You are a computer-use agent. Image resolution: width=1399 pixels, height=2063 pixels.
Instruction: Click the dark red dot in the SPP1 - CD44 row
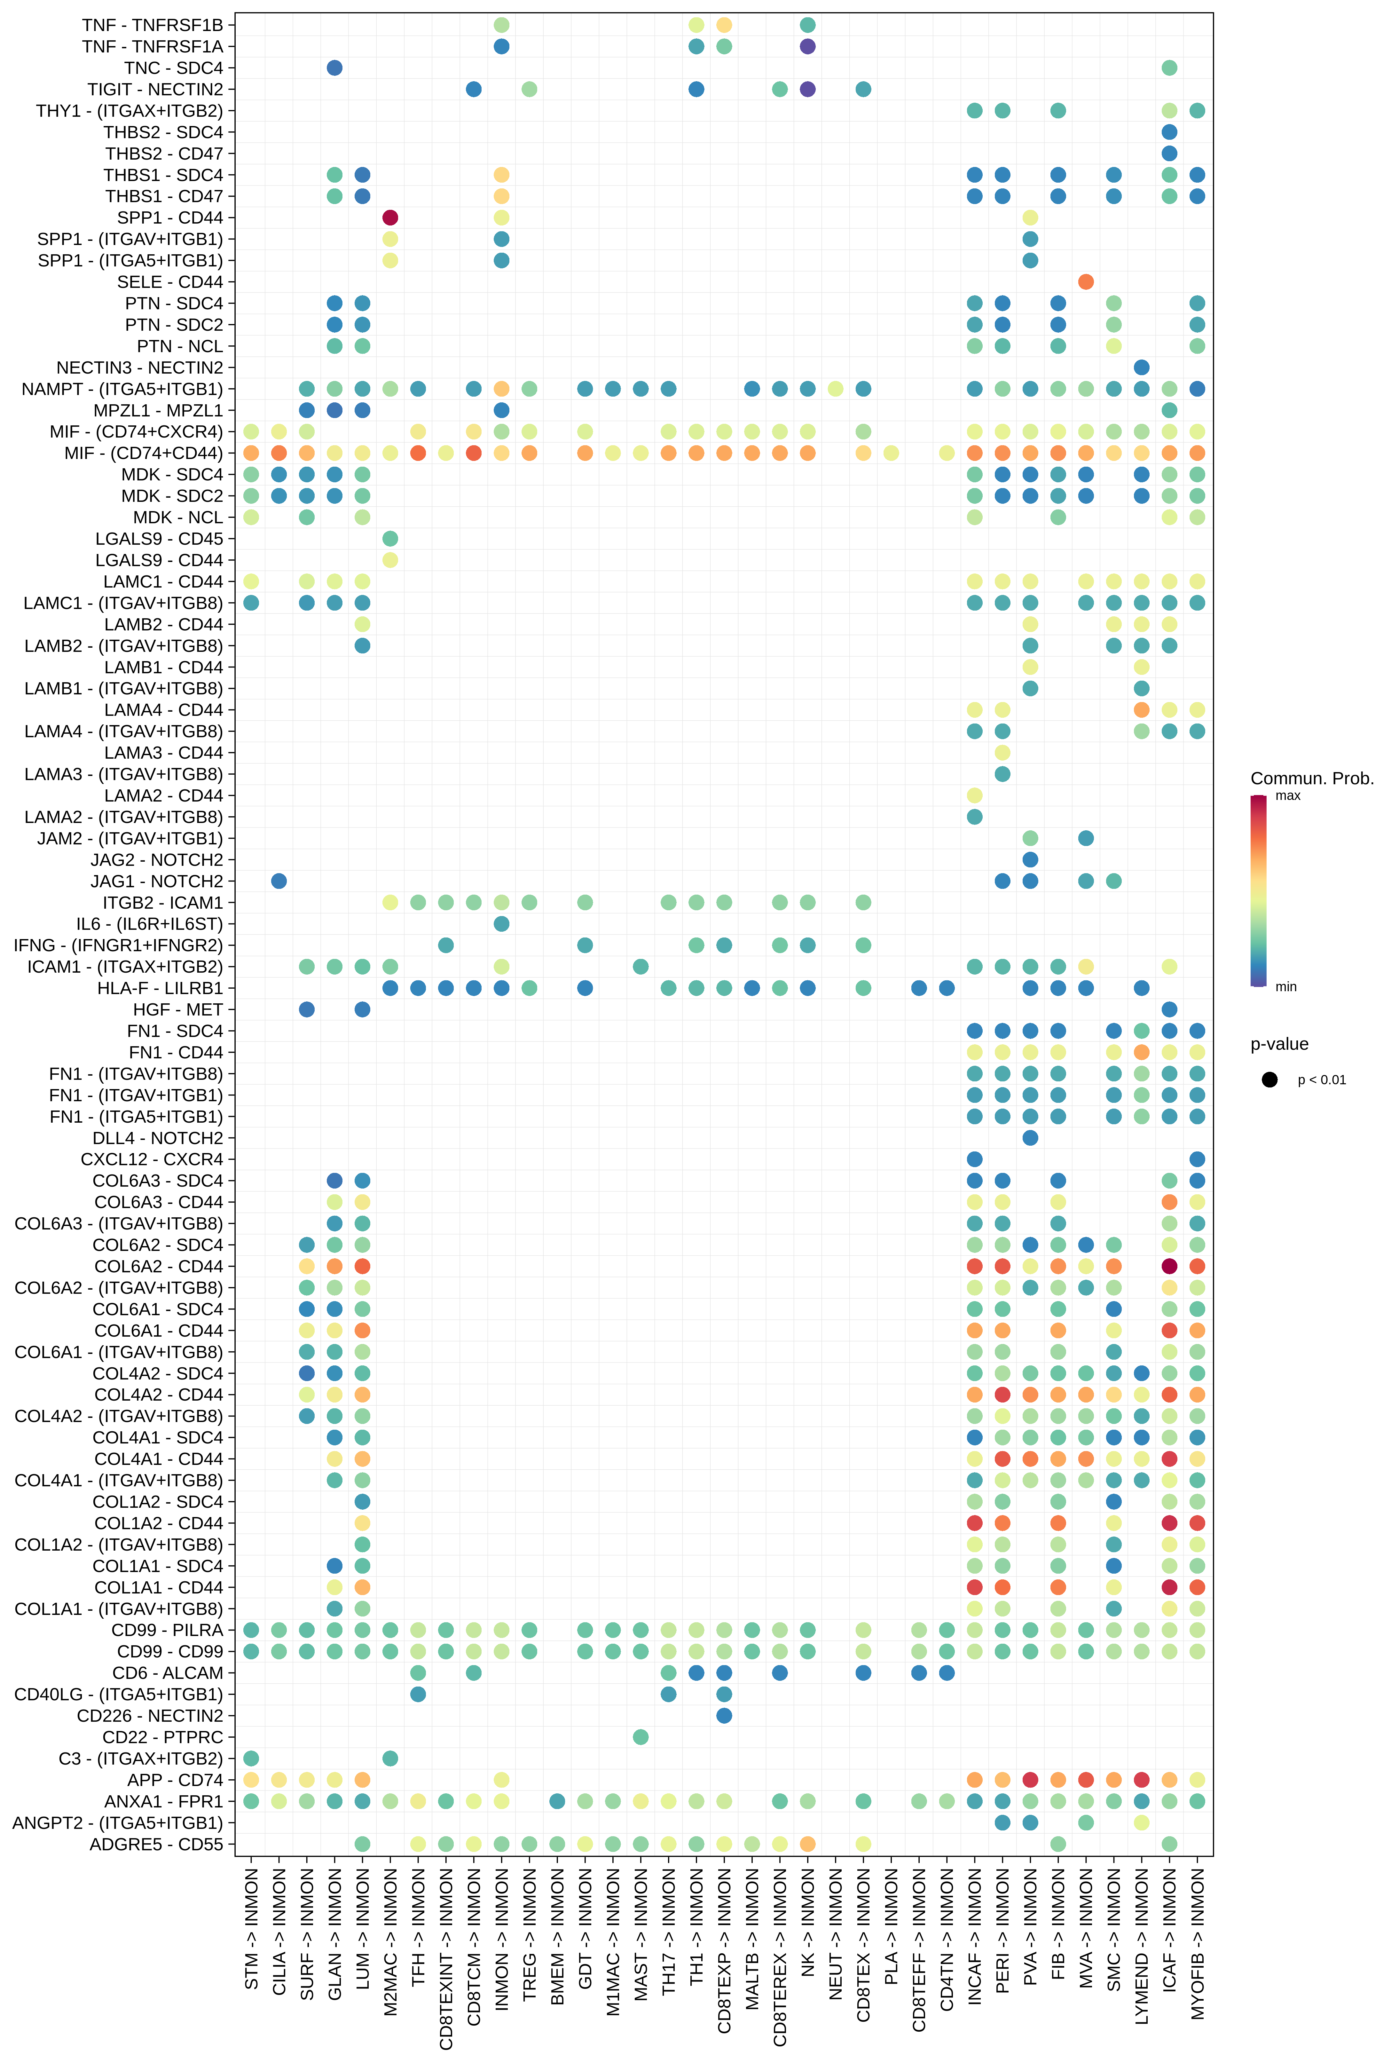click(390, 217)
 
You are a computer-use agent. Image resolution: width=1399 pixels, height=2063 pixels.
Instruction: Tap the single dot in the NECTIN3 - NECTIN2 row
click(1142, 368)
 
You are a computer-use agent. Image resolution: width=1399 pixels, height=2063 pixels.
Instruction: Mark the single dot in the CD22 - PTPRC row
click(641, 1737)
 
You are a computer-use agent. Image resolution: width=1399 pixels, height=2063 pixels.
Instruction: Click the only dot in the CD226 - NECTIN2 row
click(724, 1716)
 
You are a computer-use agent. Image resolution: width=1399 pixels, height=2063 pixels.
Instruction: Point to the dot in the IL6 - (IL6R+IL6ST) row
click(501, 924)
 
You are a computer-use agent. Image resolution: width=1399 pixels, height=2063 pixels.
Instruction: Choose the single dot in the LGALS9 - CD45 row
click(390, 539)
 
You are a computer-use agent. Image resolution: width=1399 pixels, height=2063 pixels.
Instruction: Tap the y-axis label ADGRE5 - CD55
click(156, 1845)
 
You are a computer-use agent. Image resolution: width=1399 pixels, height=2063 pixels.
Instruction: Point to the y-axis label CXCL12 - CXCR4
click(152, 1159)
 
